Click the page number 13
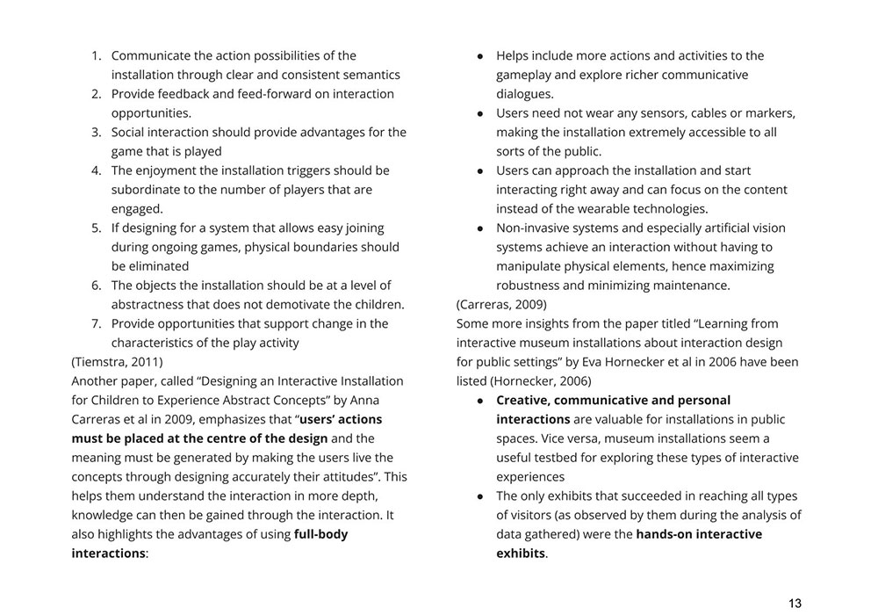click(795, 603)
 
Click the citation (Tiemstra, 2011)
click(117, 362)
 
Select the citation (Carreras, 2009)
click(501, 305)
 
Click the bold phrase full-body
click(320, 534)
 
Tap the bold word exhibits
click(521, 553)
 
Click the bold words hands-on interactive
click(699, 534)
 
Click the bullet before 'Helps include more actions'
click(480, 56)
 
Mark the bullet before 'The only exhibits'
click(480, 496)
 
